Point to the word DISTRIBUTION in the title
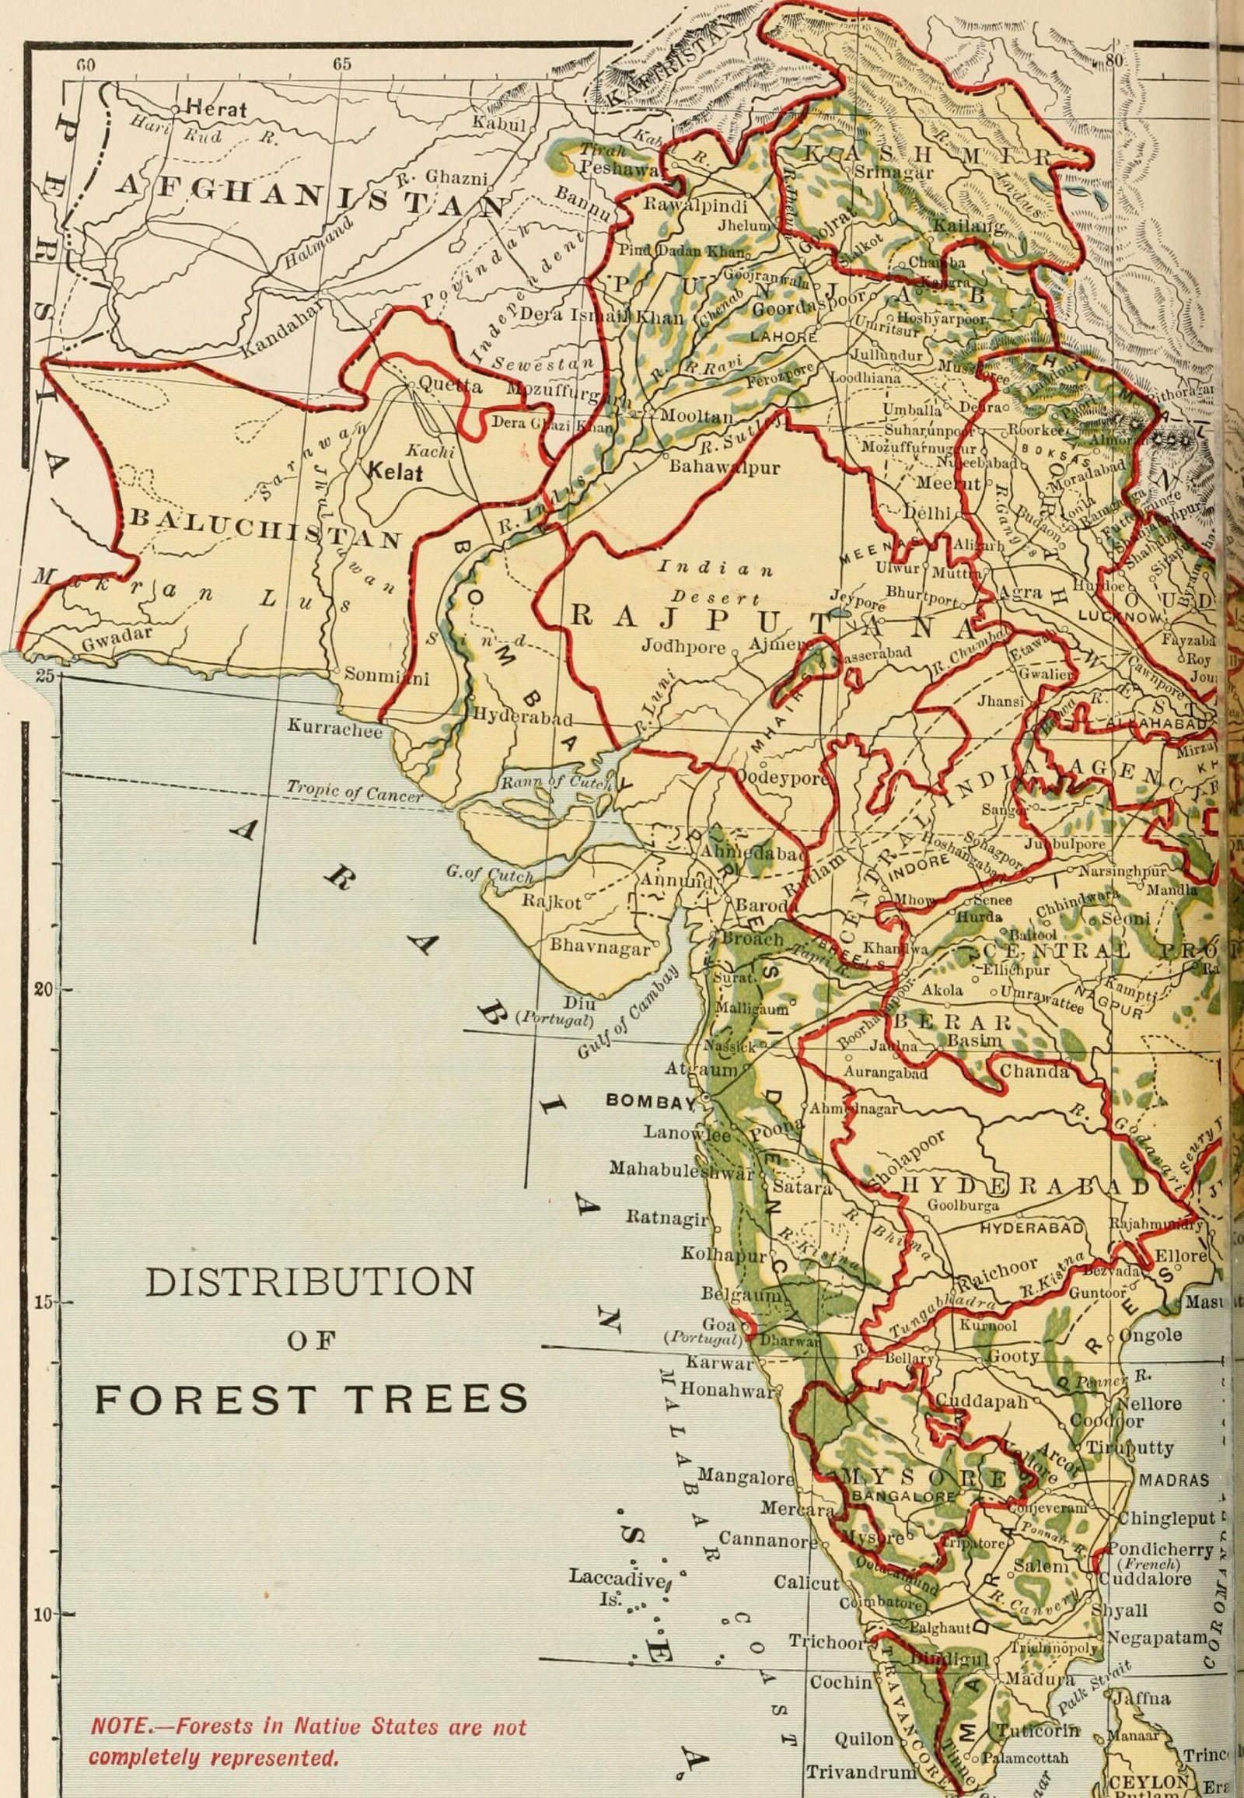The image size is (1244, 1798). [x=309, y=1282]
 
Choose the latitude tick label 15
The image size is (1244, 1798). [x=43, y=1303]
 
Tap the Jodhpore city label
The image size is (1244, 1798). [x=683, y=645]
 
